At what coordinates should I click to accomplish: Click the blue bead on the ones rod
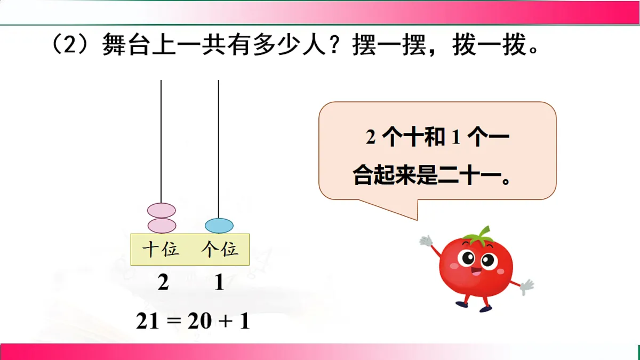(219, 226)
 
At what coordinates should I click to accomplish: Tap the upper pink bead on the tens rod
(161, 210)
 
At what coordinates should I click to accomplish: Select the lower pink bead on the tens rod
(161, 226)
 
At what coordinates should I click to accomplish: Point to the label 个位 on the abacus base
(219, 249)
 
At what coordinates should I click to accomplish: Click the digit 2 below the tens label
(163, 283)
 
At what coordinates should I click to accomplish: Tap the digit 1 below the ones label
(219, 283)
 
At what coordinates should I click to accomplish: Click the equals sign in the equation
(174, 322)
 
